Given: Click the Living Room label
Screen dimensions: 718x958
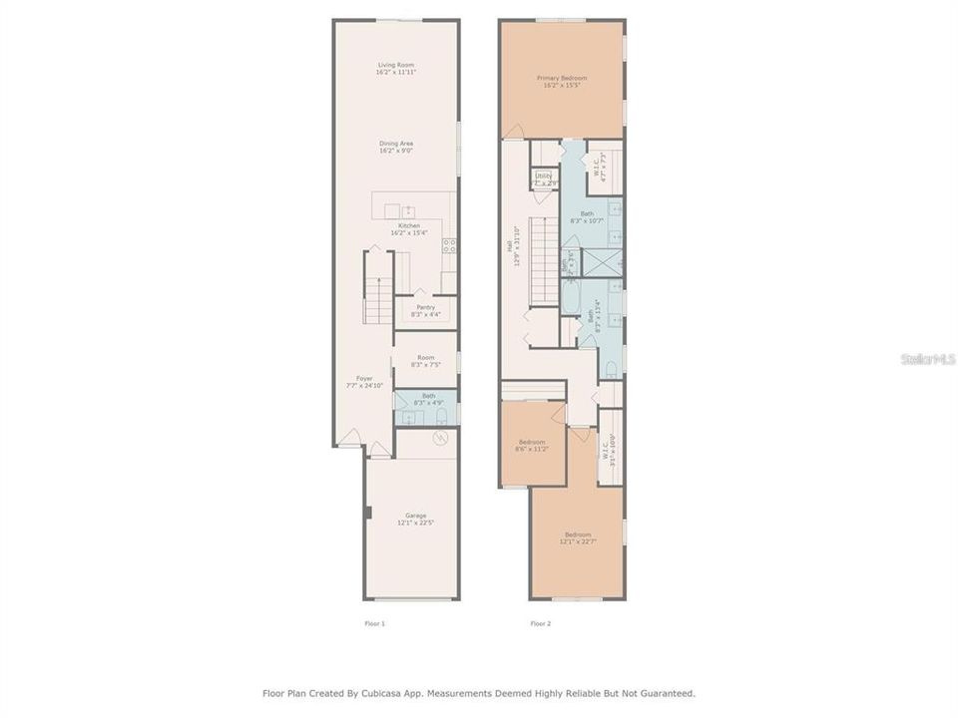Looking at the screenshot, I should coord(396,69).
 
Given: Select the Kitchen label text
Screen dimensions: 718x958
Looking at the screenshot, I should coord(409,229).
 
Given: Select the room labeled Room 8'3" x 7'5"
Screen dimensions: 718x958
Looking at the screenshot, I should coord(425,361).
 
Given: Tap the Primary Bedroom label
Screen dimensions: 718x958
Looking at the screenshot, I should coord(562,81).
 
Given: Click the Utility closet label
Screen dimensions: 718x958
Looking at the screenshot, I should coord(544,179).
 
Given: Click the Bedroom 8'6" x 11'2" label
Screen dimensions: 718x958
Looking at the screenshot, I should coord(532,445).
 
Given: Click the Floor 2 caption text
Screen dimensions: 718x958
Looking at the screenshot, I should coord(540,623).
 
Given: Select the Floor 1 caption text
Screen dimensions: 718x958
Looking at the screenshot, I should coord(374,623).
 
